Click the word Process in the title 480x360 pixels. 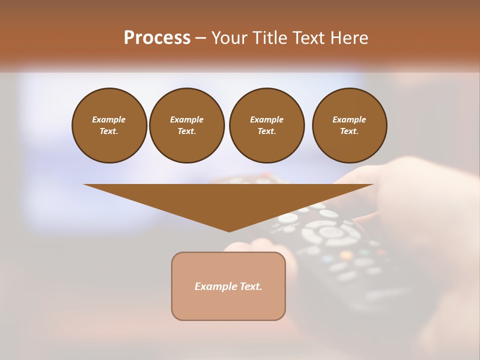pos(157,38)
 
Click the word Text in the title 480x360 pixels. pos(309,38)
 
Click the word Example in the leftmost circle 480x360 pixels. pos(109,119)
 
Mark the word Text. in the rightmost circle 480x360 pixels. pos(349,131)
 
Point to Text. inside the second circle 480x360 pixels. pos(186,131)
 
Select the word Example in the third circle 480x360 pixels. pos(266,119)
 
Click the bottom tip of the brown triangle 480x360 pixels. pos(229,230)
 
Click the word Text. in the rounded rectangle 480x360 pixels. pos(251,286)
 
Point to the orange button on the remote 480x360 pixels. pos(345,255)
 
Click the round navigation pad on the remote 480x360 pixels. pos(330,232)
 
